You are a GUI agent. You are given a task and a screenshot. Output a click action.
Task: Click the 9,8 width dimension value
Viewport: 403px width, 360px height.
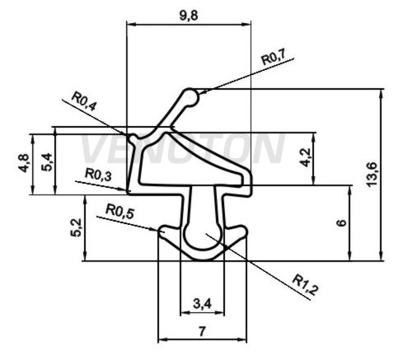click(189, 16)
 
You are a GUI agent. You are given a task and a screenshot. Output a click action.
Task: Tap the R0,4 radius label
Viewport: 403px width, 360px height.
click(84, 101)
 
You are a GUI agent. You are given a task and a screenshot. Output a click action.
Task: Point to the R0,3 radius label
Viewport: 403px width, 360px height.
click(98, 175)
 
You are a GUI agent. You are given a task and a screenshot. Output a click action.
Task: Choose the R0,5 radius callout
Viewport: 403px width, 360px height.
click(119, 212)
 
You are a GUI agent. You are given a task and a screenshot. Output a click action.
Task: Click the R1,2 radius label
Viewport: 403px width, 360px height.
click(305, 285)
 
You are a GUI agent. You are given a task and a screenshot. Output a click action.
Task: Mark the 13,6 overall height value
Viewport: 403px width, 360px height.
click(372, 175)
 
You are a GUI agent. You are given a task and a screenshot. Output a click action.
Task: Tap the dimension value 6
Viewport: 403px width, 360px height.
click(341, 222)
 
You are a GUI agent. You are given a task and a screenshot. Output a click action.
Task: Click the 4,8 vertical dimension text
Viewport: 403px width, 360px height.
click(24, 163)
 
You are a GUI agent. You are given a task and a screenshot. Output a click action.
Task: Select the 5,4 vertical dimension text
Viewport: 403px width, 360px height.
click(46, 162)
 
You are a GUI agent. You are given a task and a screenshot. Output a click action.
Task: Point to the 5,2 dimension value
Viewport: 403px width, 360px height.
click(76, 227)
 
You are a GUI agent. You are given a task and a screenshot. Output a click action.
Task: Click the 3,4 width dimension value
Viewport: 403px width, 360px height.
click(202, 304)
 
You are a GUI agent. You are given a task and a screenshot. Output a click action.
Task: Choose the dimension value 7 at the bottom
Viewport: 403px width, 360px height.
click(202, 332)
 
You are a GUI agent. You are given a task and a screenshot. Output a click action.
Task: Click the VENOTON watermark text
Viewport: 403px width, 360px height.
click(183, 148)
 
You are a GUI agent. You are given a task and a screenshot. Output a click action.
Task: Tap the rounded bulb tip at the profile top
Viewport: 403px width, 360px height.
click(190, 97)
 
